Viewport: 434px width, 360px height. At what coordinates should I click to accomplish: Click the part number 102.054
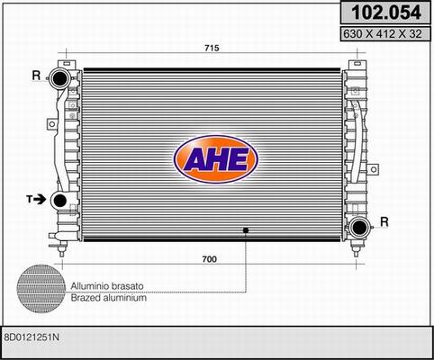click(x=386, y=13)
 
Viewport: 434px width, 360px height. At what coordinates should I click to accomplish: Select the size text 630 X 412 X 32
click(x=383, y=34)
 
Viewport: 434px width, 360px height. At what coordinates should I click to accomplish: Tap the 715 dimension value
click(x=212, y=48)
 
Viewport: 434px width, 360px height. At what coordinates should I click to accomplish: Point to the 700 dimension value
click(x=209, y=259)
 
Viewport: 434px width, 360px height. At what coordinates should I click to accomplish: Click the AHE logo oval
click(x=215, y=159)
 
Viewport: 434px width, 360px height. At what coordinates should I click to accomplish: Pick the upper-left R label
click(x=36, y=76)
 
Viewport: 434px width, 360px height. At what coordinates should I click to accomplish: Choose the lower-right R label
click(x=384, y=222)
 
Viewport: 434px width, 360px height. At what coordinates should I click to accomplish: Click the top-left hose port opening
click(x=59, y=78)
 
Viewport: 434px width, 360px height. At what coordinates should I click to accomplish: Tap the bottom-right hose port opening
click(x=359, y=228)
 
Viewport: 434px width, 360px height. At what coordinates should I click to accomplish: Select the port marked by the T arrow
click(x=59, y=201)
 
